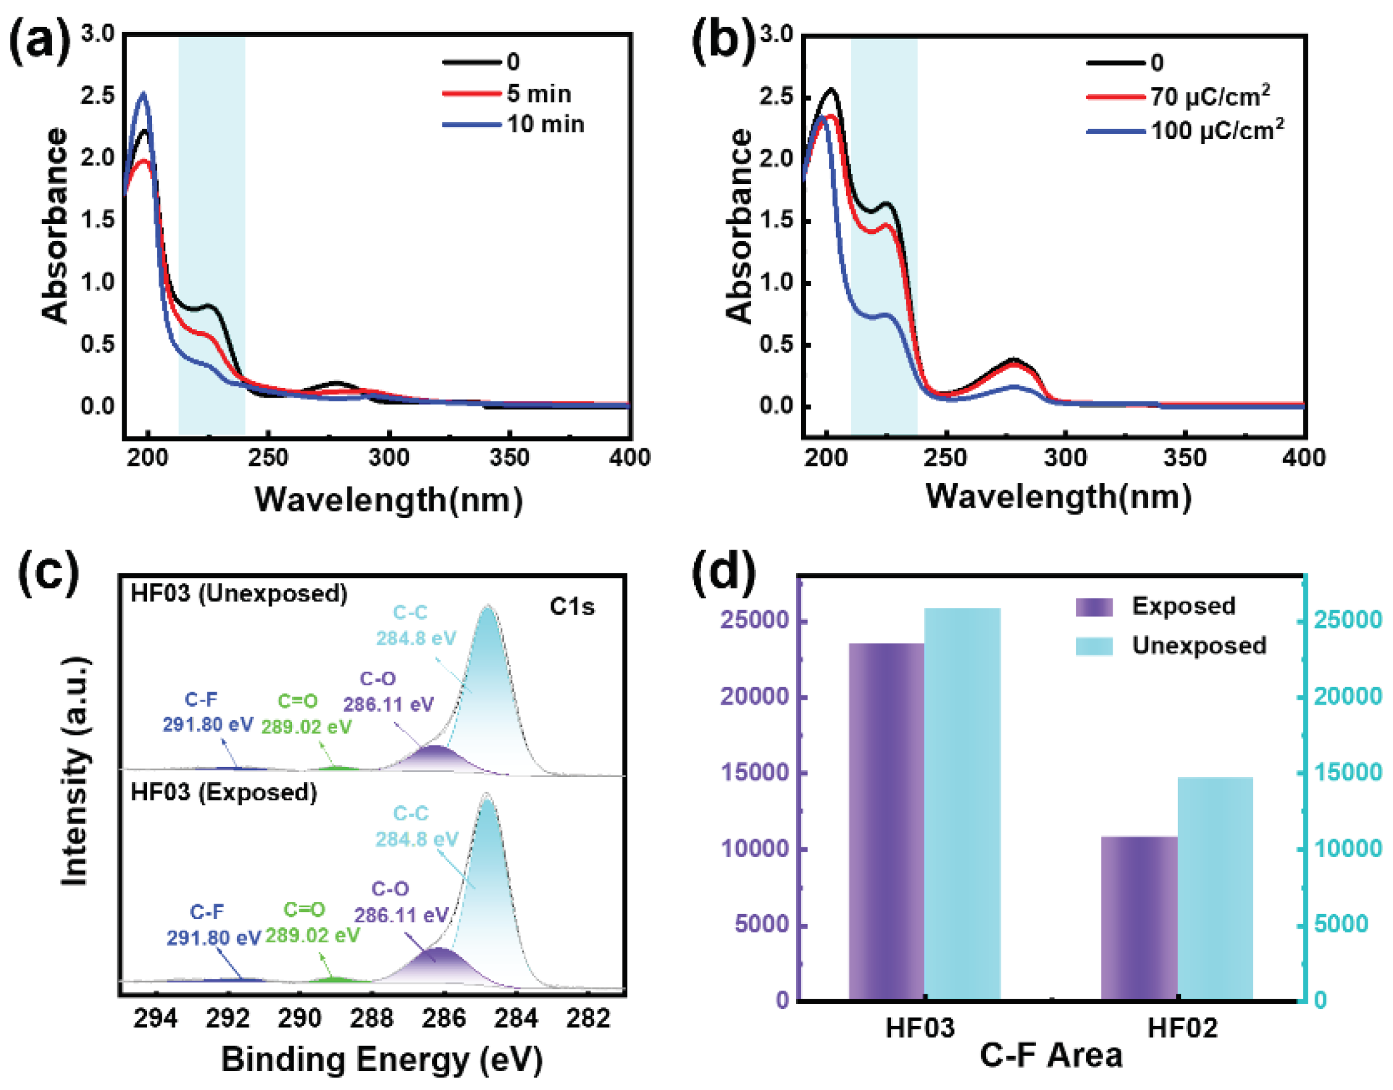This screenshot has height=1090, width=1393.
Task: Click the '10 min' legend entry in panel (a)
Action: (546, 125)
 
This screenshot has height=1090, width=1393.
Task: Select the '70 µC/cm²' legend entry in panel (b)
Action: (1209, 97)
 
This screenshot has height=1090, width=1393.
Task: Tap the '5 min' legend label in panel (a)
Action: (539, 94)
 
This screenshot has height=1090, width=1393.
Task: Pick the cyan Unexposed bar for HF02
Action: (1215, 887)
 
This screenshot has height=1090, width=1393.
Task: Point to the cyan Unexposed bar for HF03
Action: (962, 804)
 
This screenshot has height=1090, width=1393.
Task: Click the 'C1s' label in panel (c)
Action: (572, 607)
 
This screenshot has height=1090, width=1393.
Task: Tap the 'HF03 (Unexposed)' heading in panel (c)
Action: (240, 593)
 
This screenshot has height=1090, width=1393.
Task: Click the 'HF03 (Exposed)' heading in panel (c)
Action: (224, 792)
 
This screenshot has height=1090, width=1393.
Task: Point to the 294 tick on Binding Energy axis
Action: (155, 1019)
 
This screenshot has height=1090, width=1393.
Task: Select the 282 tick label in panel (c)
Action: (588, 1019)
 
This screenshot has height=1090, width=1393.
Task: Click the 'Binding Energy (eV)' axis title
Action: (382, 1059)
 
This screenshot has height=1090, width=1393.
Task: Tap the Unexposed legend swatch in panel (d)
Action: (1094, 646)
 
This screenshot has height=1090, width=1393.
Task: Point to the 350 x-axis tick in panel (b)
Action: (1185, 458)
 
